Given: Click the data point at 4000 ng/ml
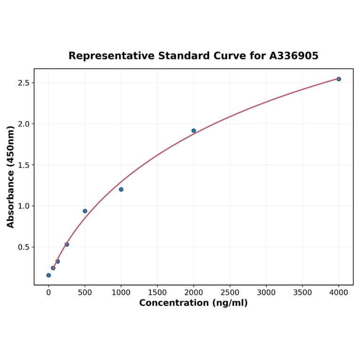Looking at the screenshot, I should [338, 79].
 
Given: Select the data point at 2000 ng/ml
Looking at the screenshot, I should [194, 131].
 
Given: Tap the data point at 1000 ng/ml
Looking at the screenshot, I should [121, 189].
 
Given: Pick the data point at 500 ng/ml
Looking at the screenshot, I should [85, 211].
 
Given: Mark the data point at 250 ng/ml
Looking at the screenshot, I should [67, 245].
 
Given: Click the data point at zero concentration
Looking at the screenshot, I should [49, 275].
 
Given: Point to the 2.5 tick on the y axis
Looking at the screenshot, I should [24, 83].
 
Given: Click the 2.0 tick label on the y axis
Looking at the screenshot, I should [24, 124].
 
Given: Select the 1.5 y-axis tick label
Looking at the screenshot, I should [24, 165].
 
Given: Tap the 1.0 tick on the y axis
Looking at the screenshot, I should [24, 206].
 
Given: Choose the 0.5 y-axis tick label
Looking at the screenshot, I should [24, 247].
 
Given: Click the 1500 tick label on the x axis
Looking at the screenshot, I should [157, 292].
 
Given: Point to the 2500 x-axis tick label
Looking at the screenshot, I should [230, 292].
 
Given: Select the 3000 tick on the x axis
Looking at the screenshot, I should [266, 292].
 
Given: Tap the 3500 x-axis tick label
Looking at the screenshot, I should [303, 292].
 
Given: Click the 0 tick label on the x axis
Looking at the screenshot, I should [49, 292].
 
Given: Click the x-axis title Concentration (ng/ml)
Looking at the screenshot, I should [193, 303].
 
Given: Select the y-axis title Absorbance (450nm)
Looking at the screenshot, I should [11, 177].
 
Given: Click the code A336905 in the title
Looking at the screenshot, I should [294, 56].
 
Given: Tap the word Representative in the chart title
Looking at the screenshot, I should [111, 56].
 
